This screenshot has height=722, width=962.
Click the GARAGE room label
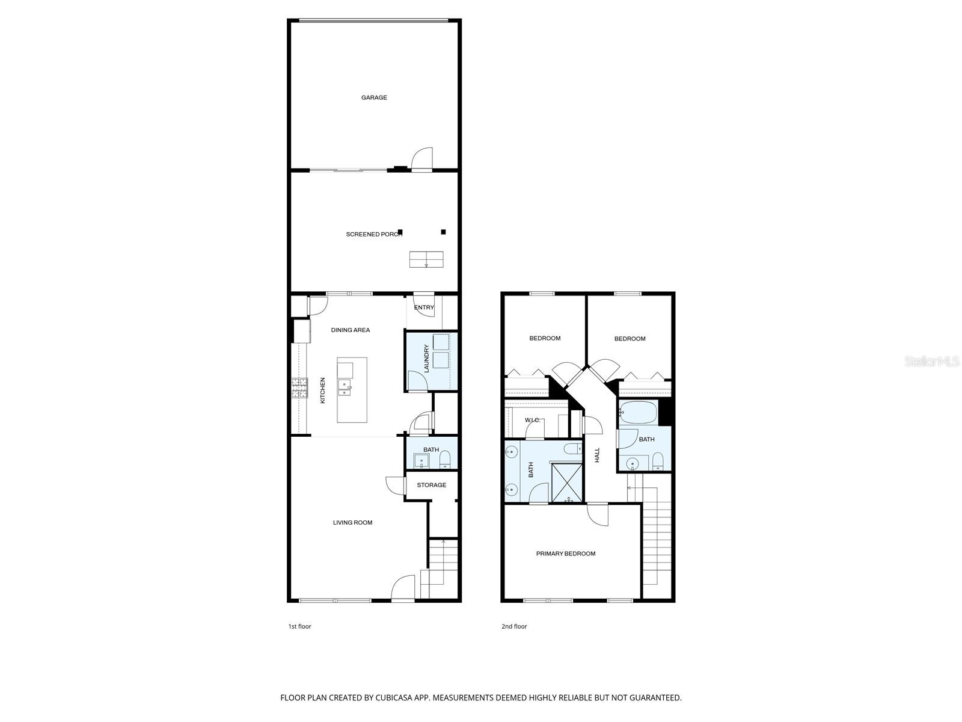click(374, 97)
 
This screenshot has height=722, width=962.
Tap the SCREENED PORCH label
click(373, 234)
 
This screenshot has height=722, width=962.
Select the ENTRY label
click(424, 307)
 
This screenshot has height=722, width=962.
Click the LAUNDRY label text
click(426, 359)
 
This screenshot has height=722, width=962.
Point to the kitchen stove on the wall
click(299, 388)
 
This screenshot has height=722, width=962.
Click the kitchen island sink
click(345, 388)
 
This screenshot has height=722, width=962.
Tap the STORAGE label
click(431, 485)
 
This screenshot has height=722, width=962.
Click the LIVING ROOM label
click(353, 522)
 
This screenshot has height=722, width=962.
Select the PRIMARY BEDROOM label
click(566, 554)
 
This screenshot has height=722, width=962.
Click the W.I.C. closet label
click(533, 420)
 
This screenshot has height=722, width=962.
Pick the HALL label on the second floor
click(598, 455)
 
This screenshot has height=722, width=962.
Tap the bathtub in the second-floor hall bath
click(639, 413)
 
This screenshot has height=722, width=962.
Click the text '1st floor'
click(299, 626)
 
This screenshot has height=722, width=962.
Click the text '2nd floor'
click(514, 626)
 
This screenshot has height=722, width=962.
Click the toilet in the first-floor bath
click(445, 461)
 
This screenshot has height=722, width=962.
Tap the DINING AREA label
click(351, 330)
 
